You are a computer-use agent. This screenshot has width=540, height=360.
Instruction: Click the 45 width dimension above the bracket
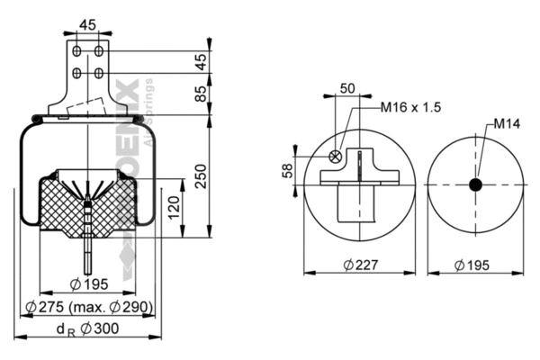click(88, 24)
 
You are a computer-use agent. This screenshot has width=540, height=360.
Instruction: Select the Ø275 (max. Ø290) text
click(88, 307)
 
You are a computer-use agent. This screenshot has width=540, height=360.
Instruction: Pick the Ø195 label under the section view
click(88, 284)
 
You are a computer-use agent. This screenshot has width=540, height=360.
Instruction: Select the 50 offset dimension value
click(347, 89)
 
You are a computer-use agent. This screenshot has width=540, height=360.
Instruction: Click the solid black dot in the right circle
click(475, 184)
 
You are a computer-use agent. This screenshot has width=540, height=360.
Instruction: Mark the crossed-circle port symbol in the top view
click(336, 157)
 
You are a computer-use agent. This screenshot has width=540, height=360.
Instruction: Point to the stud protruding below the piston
click(88, 256)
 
